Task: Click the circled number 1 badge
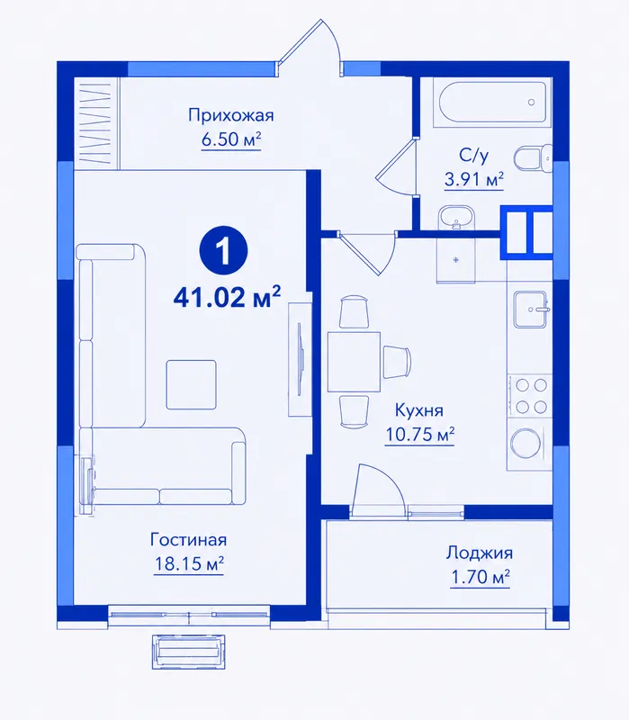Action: [x=223, y=251]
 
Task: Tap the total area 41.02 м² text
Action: [x=227, y=297]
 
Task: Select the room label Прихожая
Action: [x=231, y=115]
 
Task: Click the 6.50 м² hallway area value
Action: [x=231, y=139]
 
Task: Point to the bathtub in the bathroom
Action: [x=492, y=102]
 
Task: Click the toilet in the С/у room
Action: [x=533, y=159]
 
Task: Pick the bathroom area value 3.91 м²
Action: [x=474, y=178]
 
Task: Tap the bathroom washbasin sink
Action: [x=456, y=217]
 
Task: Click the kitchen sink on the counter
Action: [x=531, y=309]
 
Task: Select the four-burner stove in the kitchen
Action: [x=530, y=395]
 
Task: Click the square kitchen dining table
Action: [x=354, y=362]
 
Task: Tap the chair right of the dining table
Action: [x=397, y=362]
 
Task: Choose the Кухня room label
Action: [x=419, y=410]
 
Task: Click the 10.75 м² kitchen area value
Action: [x=419, y=434]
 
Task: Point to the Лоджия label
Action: [x=479, y=553]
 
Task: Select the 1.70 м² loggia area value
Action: [x=481, y=577]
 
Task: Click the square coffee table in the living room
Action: [x=191, y=384]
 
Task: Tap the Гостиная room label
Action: [x=188, y=539]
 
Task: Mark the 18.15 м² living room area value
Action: [x=189, y=564]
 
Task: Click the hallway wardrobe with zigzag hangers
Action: [x=96, y=122]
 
